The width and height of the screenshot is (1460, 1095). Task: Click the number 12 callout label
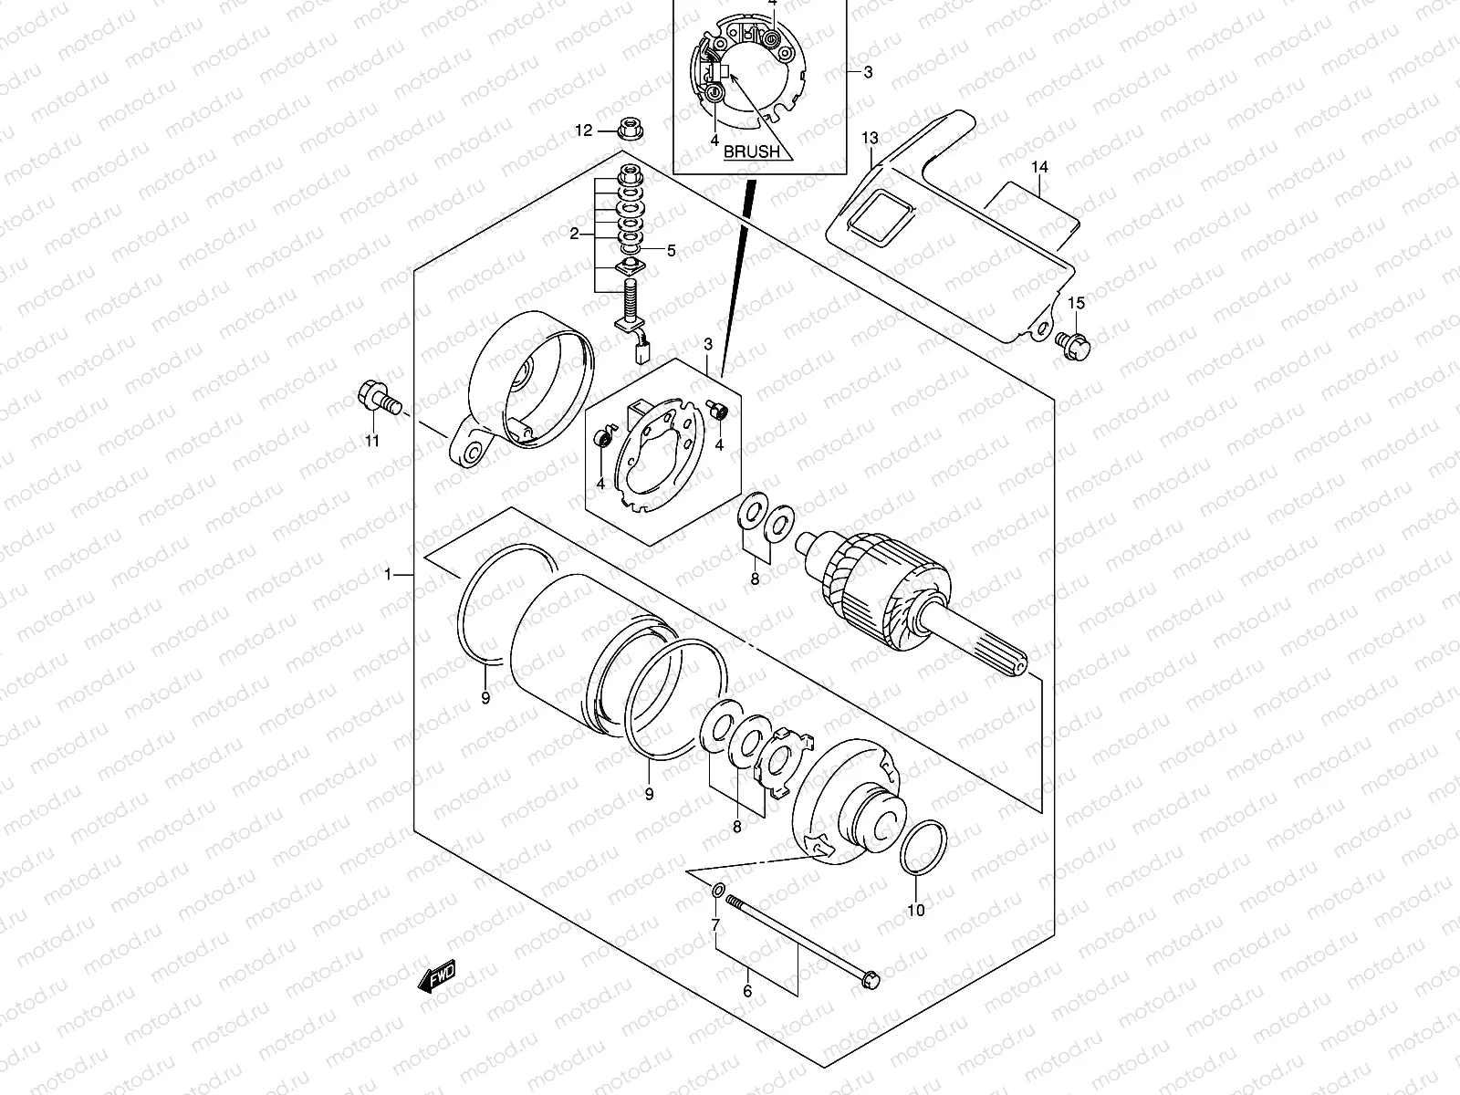(583, 131)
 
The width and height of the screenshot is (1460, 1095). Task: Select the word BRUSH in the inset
(752, 152)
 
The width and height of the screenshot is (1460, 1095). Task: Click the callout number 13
(869, 138)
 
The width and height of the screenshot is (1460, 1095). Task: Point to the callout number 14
(1040, 167)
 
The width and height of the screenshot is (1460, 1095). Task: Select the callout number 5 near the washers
(671, 251)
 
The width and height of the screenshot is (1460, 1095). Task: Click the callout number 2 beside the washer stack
(575, 235)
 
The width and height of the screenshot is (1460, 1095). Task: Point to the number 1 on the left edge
(388, 575)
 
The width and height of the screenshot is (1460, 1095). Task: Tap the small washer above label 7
(717, 891)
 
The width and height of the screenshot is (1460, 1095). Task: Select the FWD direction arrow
(437, 977)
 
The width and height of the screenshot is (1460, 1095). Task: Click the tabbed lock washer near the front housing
(781, 762)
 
